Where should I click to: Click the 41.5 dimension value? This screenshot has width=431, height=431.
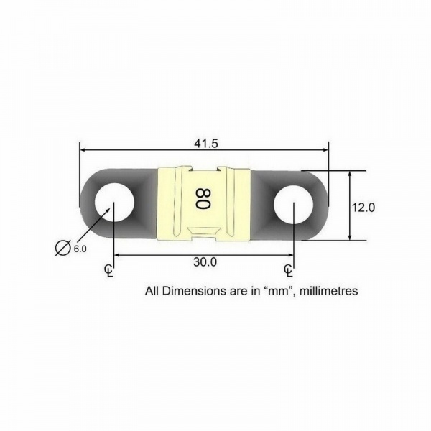tap(206, 143)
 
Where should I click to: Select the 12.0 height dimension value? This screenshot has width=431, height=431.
tap(363, 208)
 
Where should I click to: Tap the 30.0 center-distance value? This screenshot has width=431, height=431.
tap(205, 262)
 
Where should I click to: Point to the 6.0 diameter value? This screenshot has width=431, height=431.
tap(80, 249)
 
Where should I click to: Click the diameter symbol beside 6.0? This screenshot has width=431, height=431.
tap(62, 248)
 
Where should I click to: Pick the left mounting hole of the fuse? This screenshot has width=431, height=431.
tap(114, 203)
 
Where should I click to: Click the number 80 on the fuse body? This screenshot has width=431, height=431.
tap(203, 199)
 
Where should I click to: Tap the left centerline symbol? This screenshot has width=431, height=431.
tap(109, 271)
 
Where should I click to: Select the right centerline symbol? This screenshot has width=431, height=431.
tap(288, 271)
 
